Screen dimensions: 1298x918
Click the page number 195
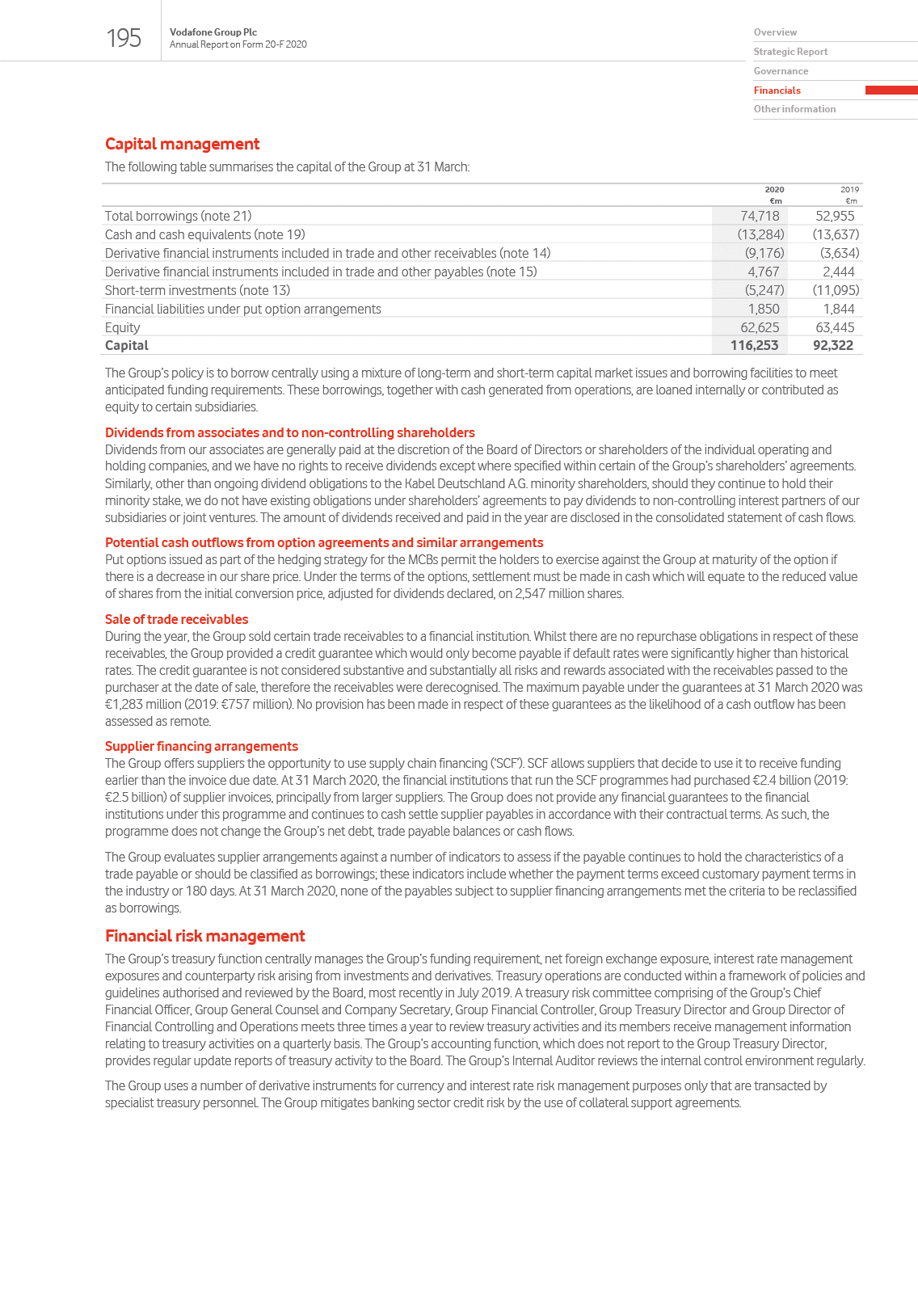124,38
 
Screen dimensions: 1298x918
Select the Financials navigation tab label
777,91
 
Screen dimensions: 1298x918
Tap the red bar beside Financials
891,91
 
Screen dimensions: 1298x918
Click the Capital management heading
182,144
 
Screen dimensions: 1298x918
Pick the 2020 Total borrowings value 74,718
760,216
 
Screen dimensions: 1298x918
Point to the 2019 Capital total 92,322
832,345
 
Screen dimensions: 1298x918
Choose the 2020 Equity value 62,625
760,327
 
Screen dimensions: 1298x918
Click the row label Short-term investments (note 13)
197,290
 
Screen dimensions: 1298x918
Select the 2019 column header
849,190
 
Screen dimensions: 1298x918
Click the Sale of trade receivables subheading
176,619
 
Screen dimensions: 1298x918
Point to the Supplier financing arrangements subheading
201,746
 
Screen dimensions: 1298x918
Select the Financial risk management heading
204,936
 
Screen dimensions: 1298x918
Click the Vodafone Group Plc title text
213,32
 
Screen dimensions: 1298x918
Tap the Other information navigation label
794,109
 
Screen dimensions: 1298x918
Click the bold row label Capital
127,345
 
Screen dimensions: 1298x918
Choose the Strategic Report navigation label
790,52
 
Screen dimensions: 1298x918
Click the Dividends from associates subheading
289,432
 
